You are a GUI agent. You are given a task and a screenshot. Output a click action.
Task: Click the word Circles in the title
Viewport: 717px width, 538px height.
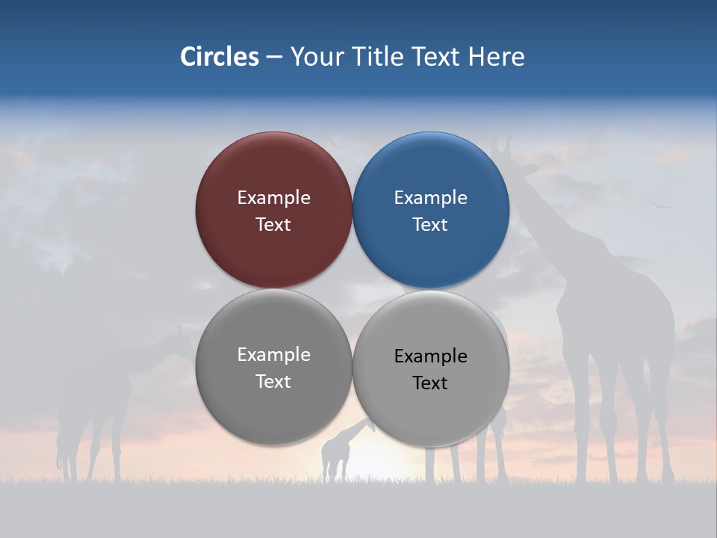(219, 57)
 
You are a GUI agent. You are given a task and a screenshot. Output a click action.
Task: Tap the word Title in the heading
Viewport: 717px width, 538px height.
(380, 57)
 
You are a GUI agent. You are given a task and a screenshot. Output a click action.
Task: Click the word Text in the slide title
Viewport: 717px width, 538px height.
(437, 57)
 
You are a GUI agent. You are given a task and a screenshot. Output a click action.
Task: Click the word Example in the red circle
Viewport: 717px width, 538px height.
(273, 198)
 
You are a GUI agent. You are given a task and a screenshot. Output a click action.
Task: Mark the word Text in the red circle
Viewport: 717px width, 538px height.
(273, 225)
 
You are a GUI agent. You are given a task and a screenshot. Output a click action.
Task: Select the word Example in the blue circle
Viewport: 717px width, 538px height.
(430, 198)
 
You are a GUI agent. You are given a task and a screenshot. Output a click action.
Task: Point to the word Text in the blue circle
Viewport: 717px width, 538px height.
(430, 225)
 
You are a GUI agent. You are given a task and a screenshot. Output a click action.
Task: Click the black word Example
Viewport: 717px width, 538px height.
(430, 356)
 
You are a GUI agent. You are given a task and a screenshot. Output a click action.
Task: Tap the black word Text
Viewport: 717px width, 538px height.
(430, 383)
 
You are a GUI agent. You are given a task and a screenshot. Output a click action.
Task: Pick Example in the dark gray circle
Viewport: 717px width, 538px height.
(273, 355)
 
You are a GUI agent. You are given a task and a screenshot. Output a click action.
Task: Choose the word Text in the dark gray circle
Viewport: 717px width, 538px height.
(273, 382)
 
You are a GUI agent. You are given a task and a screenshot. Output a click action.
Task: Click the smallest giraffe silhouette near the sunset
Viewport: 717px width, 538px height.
(336, 452)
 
